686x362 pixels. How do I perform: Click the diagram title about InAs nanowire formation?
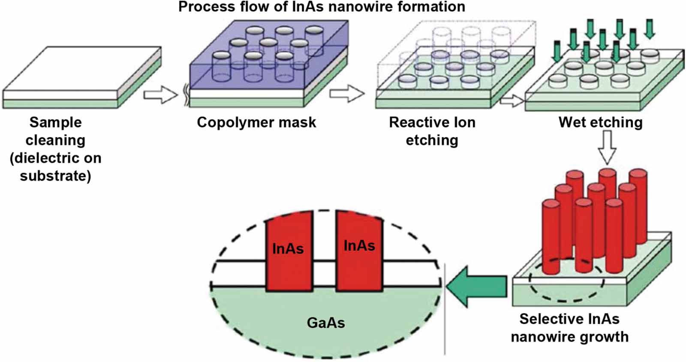coord(322,7)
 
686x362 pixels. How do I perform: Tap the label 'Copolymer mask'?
coord(256,123)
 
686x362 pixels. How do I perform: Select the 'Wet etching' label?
coord(600,123)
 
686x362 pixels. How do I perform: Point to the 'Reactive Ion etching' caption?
coord(432,131)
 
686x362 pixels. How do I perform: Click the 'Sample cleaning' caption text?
coord(56,131)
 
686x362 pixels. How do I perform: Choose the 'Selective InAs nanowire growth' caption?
coord(569,328)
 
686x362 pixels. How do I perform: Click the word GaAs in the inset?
coord(326,323)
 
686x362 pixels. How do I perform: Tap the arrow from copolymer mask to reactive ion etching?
coord(347,93)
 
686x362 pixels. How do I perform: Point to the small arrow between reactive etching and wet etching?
coord(511,101)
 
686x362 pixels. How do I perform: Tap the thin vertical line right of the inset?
coord(445,308)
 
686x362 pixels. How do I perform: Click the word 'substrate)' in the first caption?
coord(56,176)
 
